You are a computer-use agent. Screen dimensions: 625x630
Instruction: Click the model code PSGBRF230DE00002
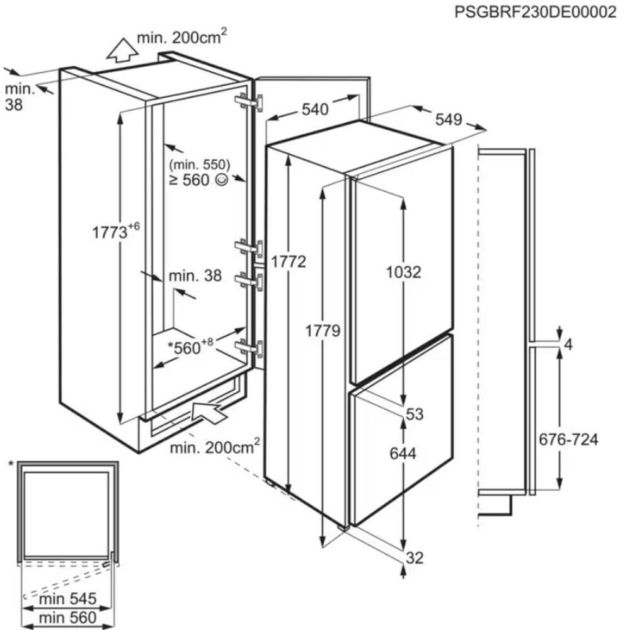[x=535, y=11]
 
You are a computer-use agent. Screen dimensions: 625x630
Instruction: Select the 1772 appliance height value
[x=288, y=261]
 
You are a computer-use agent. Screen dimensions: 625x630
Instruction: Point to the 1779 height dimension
[x=323, y=331]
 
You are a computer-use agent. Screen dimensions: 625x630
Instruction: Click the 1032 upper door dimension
[x=403, y=272]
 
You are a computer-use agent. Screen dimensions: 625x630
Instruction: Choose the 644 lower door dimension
[x=403, y=453]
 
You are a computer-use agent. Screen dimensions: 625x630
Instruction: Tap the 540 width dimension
[x=315, y=109]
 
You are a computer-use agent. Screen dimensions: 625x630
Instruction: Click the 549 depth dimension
[x=449, y=119]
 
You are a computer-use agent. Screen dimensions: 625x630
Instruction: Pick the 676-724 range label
[x=568, y=439]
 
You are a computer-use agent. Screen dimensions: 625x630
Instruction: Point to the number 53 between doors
[x=415, y=414]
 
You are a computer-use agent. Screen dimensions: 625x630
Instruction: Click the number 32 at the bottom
[x=415, y=558]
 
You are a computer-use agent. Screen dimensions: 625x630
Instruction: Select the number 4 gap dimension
[x=568, y=345]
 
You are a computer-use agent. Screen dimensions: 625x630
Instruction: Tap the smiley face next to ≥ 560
[x=222, y=180]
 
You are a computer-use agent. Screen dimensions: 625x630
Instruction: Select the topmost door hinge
[x=249, y=102]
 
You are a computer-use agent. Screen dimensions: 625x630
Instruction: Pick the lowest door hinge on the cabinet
[x=249, y=348]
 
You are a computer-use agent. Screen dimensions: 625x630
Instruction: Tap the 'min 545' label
[x=68, y=598]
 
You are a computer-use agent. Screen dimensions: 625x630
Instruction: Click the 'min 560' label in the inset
[x=68, y=617]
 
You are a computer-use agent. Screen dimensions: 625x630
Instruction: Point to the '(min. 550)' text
[x=200, y=164]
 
